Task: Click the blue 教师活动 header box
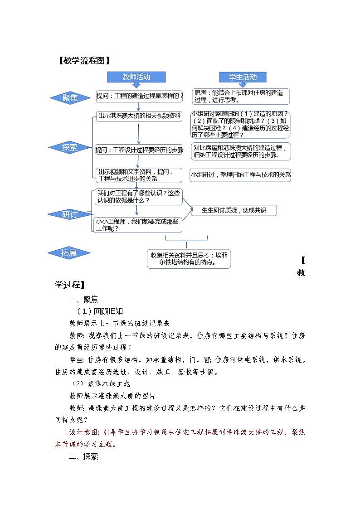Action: (136, 77)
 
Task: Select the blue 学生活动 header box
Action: (243, 77)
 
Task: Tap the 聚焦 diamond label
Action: (70, 98)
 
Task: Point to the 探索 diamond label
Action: (69, 147)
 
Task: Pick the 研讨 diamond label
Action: (69, 214)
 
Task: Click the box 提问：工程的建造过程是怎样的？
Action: (140, 96)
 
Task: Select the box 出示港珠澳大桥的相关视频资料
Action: (139, 116)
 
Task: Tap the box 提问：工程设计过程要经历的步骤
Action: (139, 150)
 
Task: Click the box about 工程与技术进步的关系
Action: (139, 175)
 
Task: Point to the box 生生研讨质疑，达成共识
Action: (234, 210)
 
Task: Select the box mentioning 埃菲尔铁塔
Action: (189, 258)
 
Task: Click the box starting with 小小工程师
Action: (137, 225)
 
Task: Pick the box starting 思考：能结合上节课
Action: (240, 96)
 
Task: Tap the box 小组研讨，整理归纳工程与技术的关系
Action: (240, 175)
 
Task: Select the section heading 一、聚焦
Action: (83, 299)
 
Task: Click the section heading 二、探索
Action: (83, 456)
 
